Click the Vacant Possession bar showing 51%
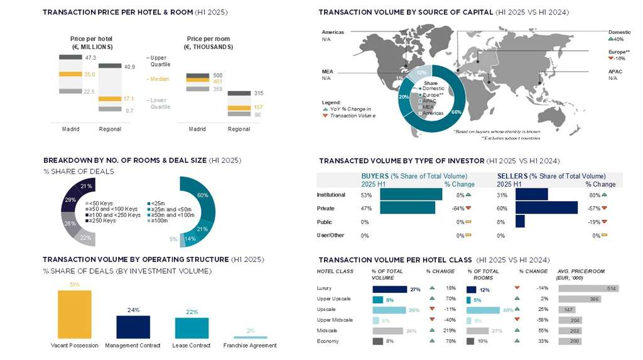pyautogui.click(x=74, y=315)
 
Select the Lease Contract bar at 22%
pyautogui.click(x=192, y=328)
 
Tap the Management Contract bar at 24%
pyautogui.click(x=133, y=327)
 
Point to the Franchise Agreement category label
pyautogui.click(x=250, y=346)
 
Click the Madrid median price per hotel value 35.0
pyautogui.click(x=89, y=74)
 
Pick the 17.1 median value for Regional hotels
pyautogui.click(x=128, y=99)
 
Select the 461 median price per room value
pyautogui.click(x=218, y=81)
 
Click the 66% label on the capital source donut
pyautogui.click(x=456, y=112)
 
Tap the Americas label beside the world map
pyautogui.click(x=333, y=32)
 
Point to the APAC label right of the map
pyautogui.click(x=615, y=72)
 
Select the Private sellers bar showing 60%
pyautogui.click(x=546, y=208)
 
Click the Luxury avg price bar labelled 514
pyautogui.click(x=588, y=288)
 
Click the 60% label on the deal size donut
pyautogui.click(x=202, y=195)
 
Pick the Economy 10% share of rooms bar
pyautogui.click(x=471, y=341)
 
